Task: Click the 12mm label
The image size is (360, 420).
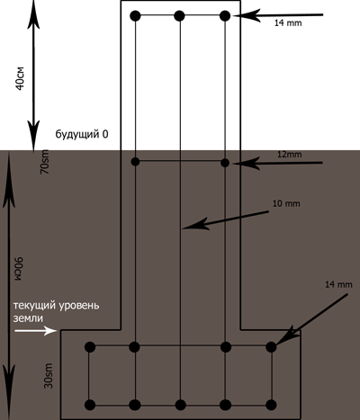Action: coord(289,155)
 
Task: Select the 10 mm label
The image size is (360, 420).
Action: coord(286,203)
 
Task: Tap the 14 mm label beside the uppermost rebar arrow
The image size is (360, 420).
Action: coord(288,22)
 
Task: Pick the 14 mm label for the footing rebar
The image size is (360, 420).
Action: coord(338,284)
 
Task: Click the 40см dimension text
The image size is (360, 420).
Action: coord(20,78)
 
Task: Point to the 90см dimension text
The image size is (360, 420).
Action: coord(19,269)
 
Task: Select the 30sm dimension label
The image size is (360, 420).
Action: coord(49,376)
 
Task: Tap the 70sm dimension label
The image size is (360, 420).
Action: coord(45,162)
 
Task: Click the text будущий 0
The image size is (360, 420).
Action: coord(82,134)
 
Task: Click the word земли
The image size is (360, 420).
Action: coord(28,318)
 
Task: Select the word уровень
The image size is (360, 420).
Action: coord(78,306)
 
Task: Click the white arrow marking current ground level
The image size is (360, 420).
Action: coord(36,331)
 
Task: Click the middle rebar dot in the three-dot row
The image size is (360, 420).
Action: coord(179,15)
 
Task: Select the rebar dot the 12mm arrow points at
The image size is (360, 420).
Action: coord(225,163)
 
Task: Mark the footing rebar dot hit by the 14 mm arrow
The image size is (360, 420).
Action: coord(271,347)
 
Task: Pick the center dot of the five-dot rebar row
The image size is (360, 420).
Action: coord(180,405)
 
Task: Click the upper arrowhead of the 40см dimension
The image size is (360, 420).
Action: coord(33,15)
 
